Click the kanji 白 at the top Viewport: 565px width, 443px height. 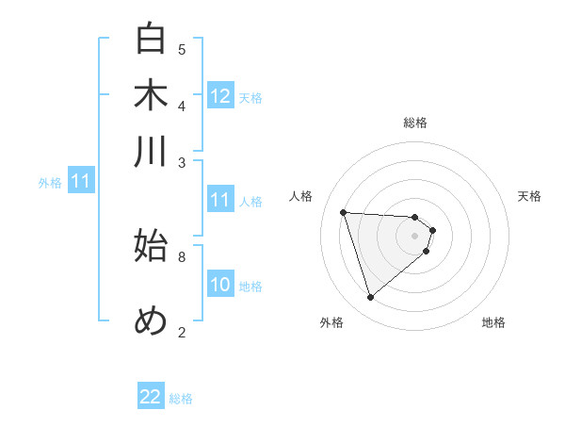(x=152, y=40)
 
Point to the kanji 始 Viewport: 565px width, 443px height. (x=152, y=246)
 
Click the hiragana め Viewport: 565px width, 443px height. (x=152, y=320)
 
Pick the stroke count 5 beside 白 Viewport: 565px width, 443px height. (x=182, y=49)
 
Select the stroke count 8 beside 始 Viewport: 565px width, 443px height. (x=182, y=255)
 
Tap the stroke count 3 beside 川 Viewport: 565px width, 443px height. (x=182, y=162)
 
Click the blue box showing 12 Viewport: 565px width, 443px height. (x=220, y=95)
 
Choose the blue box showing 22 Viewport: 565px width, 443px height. (x=151, y=398)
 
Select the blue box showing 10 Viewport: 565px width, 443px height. (x=220, y=285)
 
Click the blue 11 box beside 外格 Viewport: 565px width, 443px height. (x=80, y=181)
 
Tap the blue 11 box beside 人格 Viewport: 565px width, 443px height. (x=220, y=200)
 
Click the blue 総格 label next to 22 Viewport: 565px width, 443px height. (x=181, y=399)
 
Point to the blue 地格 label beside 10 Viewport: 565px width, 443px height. (x=250, y=286)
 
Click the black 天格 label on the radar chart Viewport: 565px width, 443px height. (x=529, y=196)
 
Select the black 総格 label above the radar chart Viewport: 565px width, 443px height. (x=415, y=123)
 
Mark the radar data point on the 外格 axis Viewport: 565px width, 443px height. (x=371, y=298)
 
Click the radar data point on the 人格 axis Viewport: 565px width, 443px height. (x=344, y=212)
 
